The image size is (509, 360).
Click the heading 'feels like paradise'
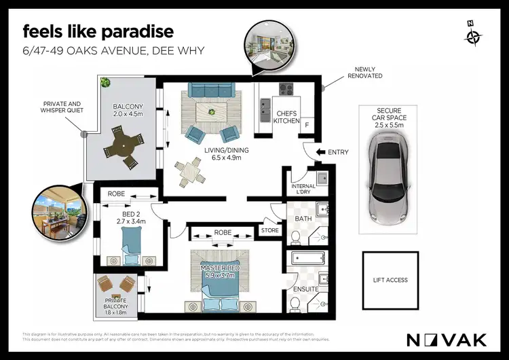tap(98, 31)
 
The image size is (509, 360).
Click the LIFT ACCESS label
tap(390, 280)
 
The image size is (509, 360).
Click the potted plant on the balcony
tap(105, 84)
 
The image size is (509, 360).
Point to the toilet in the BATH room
tap(295, 236)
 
